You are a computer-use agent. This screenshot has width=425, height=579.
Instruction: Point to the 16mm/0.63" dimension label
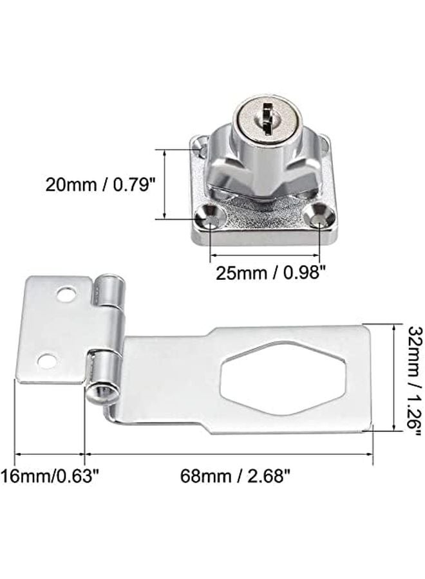(50, 477)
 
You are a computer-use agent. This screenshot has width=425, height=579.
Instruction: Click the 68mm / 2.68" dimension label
(235, 477)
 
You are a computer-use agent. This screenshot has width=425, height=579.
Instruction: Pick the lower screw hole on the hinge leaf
(46, 360)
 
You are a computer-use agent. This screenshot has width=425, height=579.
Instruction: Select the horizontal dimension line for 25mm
(264, 255)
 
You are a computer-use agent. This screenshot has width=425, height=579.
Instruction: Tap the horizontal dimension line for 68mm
(229, 454)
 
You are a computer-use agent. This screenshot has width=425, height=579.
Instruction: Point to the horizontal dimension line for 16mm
(50, 454)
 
